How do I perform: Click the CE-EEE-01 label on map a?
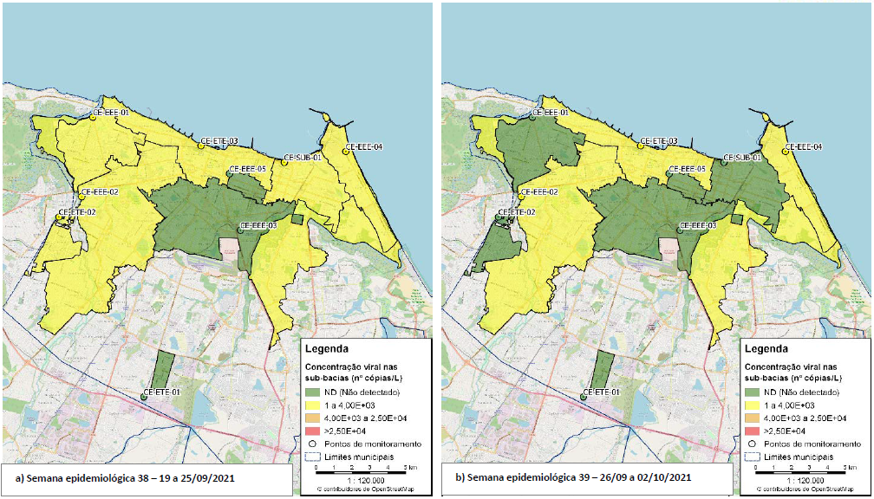tap(111, 113)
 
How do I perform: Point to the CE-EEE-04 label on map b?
tap(804, 146)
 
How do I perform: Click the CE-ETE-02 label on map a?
tap(76, 212)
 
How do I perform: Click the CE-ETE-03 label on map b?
tap(659, 140)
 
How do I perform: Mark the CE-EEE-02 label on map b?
tap(539, 191)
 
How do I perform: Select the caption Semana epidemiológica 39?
tap(572, 477)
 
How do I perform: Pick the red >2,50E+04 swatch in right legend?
tap(753, 431)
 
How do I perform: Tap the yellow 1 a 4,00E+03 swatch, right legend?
tap(753, 405)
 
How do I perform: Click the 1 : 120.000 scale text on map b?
tap(803, 479)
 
